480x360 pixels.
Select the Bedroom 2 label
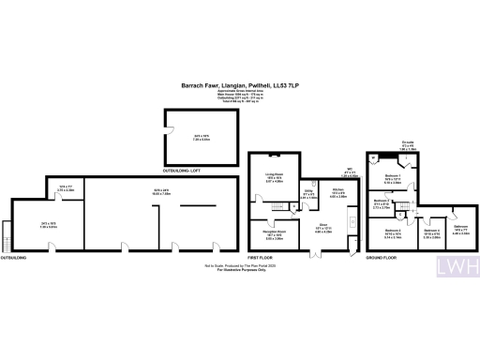coord(381,203)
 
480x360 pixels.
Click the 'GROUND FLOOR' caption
coord(386,256)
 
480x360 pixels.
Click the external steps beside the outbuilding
coord(8,231)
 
